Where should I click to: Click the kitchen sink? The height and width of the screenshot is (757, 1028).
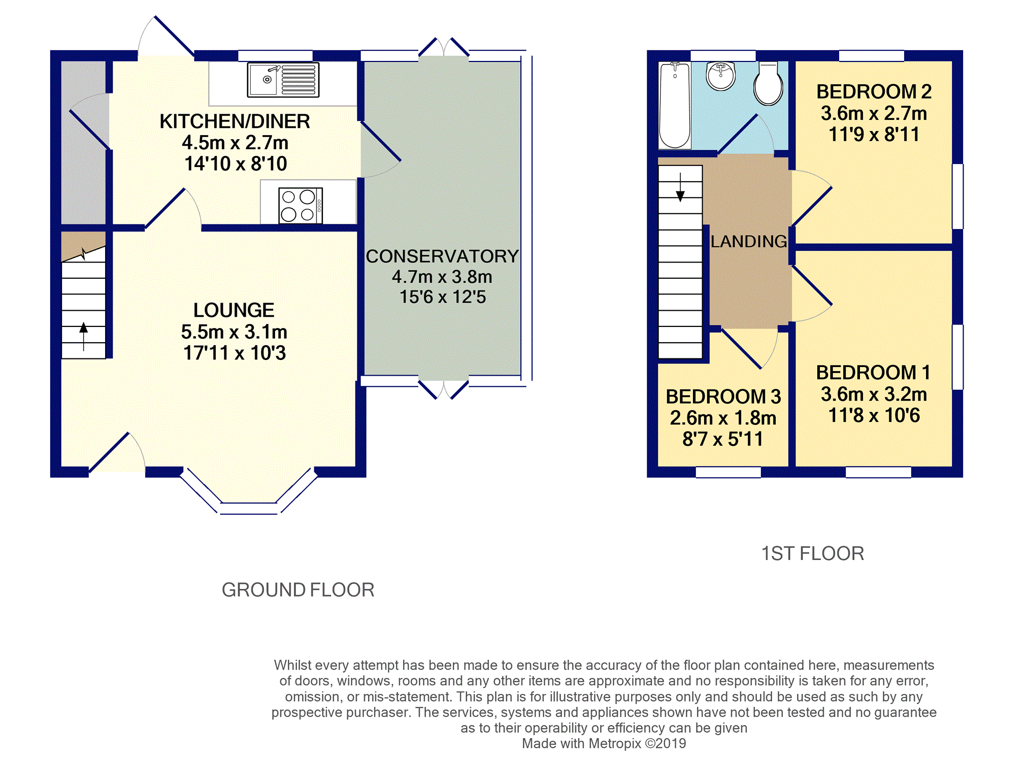click(283, 80)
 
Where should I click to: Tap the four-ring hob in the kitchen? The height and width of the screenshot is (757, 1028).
click(301, 206)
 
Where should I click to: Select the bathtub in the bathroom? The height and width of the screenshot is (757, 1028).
click(675, 105)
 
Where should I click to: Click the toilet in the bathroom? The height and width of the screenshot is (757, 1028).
click(768, 84)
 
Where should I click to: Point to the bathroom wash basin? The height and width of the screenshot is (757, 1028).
click(720, 76)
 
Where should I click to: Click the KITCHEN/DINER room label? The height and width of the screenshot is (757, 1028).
click(235, 121)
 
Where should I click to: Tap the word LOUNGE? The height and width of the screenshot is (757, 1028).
click(234, 310)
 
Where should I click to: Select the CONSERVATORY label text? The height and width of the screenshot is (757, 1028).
click(442, 256)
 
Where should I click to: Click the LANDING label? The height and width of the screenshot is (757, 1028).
click(749, 241)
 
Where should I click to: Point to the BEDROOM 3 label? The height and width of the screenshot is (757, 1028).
click(723, 397)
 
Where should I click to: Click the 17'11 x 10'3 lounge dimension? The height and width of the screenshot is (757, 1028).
click(235, 353)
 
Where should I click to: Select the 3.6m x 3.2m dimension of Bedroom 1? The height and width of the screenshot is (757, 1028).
click(874, 394)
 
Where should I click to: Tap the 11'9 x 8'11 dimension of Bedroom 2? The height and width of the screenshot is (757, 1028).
click(874, 135)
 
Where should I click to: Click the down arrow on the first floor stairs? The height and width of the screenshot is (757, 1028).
click(680, 187)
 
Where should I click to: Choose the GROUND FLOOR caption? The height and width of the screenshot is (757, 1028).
click(298, 590)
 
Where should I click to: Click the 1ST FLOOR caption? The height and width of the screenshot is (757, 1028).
click(812, 553)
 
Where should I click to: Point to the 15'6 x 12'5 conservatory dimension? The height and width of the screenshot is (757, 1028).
click(443, 297)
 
